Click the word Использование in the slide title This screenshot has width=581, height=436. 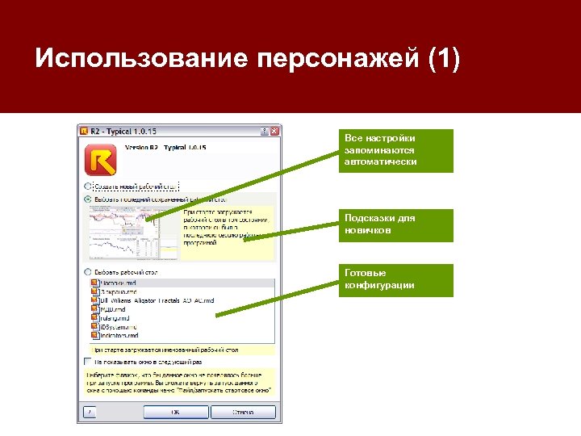pos(140,59)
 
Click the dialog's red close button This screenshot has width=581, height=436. pos(274,130)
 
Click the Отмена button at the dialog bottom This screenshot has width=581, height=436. pos(243,412)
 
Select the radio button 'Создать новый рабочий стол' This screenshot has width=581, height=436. pos(87,185)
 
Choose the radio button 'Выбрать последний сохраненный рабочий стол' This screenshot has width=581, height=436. pos(87,198)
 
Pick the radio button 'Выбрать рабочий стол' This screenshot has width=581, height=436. pos(87,272)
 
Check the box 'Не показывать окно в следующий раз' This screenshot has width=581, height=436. pos(87,361)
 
